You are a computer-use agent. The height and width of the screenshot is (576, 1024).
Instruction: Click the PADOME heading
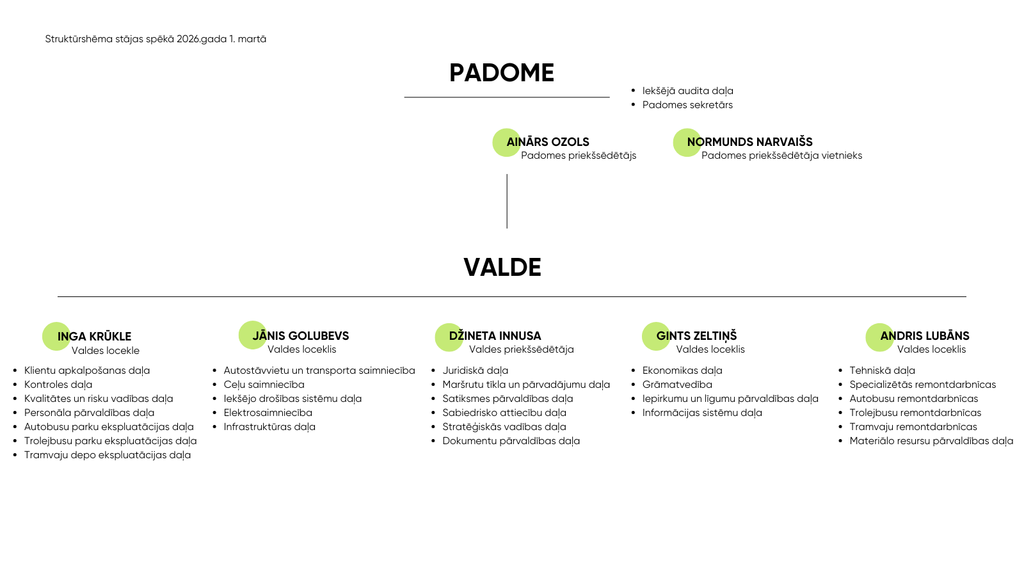[502, 73]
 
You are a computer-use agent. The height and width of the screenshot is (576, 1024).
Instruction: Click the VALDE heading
[502, 268]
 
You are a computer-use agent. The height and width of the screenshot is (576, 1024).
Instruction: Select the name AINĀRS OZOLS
[548, 142]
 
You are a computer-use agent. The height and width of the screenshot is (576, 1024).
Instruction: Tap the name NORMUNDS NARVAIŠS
[750, 142]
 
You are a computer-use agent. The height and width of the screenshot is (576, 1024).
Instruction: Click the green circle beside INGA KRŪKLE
[56, 336]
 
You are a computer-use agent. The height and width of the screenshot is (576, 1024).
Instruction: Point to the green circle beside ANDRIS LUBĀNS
[879, 337]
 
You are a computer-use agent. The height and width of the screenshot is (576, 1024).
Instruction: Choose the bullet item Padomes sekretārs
[687, 105]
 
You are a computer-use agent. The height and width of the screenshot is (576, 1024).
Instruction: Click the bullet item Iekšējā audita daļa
[687, 91]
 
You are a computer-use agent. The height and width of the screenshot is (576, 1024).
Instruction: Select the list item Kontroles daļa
[58, 385]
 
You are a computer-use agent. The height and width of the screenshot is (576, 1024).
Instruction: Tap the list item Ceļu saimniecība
[264, 385]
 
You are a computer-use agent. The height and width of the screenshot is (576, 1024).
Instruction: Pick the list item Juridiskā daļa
[475, 371]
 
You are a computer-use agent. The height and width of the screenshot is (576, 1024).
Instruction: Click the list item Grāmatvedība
[677, 385]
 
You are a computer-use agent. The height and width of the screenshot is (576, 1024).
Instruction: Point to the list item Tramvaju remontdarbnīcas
[913, 427]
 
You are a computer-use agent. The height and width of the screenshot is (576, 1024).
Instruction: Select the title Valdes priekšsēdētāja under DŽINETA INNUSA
[521, 349]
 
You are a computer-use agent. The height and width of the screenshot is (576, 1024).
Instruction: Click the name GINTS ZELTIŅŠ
[696, 336]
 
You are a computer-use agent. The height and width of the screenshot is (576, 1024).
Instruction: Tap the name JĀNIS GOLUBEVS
[301, 336]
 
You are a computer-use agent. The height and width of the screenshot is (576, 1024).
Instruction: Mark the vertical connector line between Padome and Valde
[507, 201]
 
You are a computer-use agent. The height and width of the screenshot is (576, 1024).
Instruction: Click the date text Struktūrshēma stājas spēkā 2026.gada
[156, 39]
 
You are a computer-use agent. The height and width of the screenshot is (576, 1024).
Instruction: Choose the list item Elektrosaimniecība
[268, 413]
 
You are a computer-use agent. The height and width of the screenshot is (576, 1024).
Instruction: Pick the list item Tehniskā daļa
[882, 371]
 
